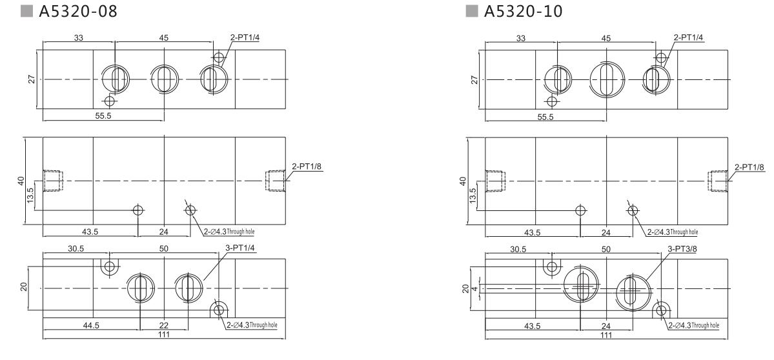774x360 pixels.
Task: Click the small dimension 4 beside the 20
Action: click(x=474, y=288)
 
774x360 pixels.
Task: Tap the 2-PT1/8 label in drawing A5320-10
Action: click(x=749, y=167)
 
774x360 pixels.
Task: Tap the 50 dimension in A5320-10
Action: click(x=606, y=248)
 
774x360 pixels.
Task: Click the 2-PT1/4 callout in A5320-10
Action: click(x=688, y=37)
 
